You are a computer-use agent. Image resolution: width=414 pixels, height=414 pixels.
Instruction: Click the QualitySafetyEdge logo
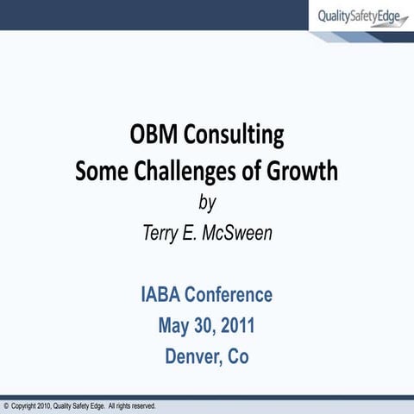click(362, 16)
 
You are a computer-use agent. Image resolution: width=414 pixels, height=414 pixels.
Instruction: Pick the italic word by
click(207, 204)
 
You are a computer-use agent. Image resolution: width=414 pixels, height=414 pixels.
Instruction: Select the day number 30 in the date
click(204, 325)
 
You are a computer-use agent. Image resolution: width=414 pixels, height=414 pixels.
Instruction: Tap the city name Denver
click(195, 355)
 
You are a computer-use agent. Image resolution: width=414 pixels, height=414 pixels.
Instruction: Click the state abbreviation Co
click(237, 355)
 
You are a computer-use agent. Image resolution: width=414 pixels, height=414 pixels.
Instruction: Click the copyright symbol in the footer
click(6, 405)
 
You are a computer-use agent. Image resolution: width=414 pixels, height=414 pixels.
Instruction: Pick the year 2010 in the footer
click(44, 405)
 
